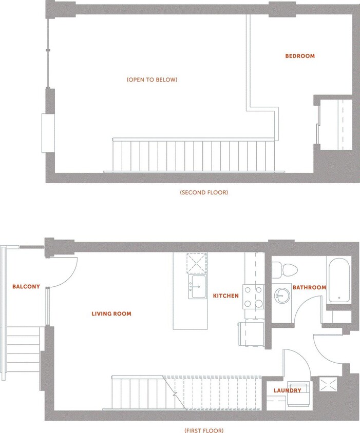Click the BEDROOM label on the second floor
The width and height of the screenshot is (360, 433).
coord(300,56)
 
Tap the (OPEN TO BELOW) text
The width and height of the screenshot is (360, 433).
coord(151,80)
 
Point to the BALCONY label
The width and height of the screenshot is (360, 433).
coord(26,287)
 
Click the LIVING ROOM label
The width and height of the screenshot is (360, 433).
coord(111,313)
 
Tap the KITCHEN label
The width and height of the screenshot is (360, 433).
coord(226,296)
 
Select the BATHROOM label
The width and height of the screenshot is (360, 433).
coord(309,287)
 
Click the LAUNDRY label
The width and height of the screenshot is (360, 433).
coord(287,390)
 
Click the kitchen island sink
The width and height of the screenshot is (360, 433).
coord(198,286)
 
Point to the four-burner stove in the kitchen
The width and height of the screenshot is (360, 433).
coord(253,297)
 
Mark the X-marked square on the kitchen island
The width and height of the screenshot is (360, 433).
coord(197,263)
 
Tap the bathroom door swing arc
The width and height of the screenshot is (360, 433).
coord(304,310)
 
